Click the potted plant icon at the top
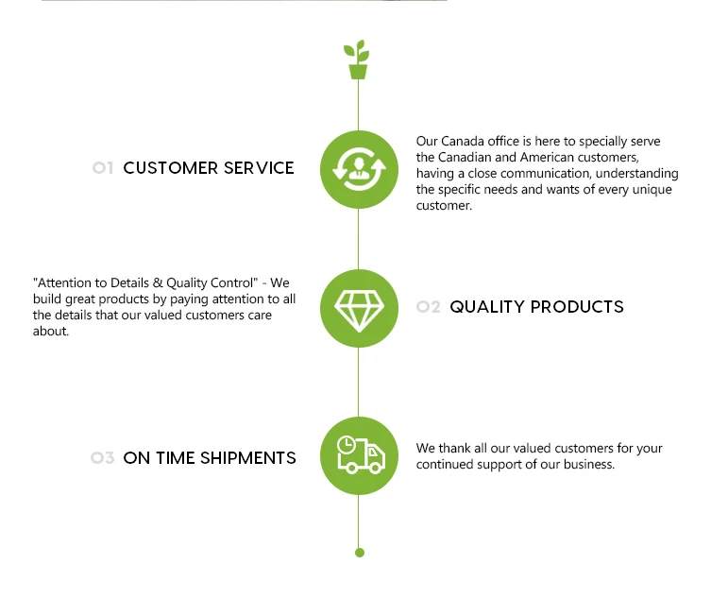(357, 60)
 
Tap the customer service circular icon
(359, 170)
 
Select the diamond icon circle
(359, 309)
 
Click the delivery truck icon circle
(359, 455)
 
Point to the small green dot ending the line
(360, 553)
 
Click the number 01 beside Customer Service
(103, 168)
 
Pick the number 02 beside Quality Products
(429, 307)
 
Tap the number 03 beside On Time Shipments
(103, 458)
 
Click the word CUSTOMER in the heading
(171, 168)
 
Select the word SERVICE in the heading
(259, 168)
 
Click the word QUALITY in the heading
(487, 307)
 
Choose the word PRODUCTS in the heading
(577, 307)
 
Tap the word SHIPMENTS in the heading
(248, 458)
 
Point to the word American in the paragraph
(547, 157)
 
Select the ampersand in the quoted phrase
(158, 282)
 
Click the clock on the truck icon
(347, 445)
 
